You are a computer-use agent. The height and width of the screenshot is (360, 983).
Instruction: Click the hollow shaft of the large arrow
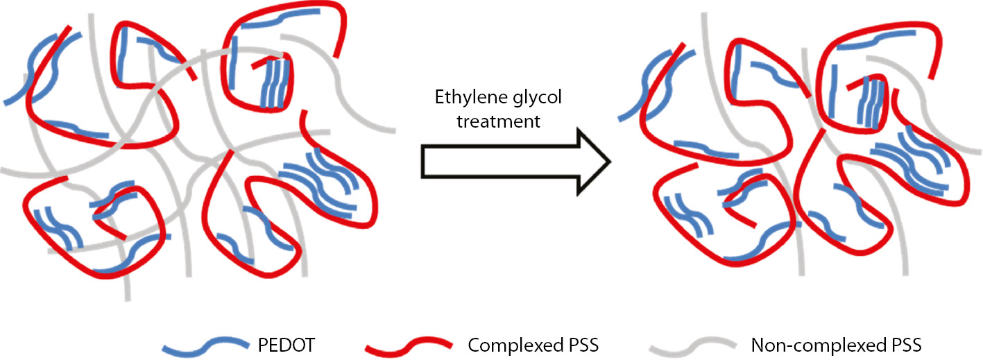click(x=499, y=162)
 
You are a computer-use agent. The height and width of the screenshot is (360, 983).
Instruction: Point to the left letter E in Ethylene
click(x=439, y=96)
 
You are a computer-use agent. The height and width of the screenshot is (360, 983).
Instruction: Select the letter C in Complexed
click(x=474, y=344)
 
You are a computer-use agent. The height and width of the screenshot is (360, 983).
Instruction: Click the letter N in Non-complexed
click(x=758, y=344)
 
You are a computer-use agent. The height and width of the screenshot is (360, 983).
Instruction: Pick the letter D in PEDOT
click(x=298, y=344)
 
